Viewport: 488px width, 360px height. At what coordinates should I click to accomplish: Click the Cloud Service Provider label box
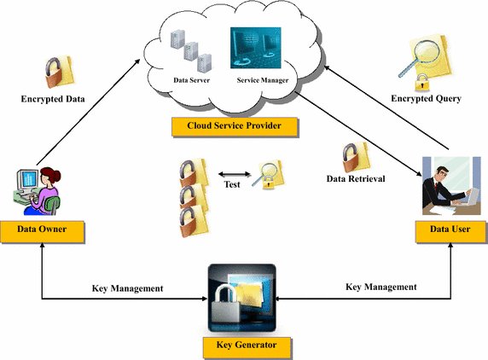click(x=235, y=126)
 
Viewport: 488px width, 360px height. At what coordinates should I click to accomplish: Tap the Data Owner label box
click(x=42, y=231)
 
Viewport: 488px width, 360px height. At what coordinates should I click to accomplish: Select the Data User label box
click(x=450, y=231)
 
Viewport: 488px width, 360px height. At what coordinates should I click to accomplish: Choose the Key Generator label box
click(x=247, y=347)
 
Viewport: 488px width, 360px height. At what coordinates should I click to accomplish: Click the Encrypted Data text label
click(x=53, y=99)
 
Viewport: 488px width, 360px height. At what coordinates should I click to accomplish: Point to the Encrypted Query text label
click(x=426, y=99)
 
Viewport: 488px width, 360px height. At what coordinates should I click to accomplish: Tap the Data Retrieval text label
click(x=356, y=178)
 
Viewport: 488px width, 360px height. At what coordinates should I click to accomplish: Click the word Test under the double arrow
click(x=232, y=184)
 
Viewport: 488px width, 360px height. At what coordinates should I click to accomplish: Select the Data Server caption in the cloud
click(x=191, y=80)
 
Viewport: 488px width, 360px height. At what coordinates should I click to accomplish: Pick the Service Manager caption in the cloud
click(x=263, y=80)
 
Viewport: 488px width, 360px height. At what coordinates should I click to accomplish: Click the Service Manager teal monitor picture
click(x=255, y=48)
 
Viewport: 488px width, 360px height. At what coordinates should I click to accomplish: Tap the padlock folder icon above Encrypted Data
click(x=59, y=72)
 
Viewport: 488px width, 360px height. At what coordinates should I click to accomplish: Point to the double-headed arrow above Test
click(x=235, y=174)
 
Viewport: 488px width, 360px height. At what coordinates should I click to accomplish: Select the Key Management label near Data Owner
click(x=128, y=288)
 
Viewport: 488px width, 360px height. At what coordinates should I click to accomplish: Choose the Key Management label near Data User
click(x=381, y=287)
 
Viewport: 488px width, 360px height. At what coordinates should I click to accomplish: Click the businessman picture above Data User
click(x=451, y=186)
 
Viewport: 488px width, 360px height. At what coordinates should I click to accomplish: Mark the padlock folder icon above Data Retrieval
click(x=356, y=157)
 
